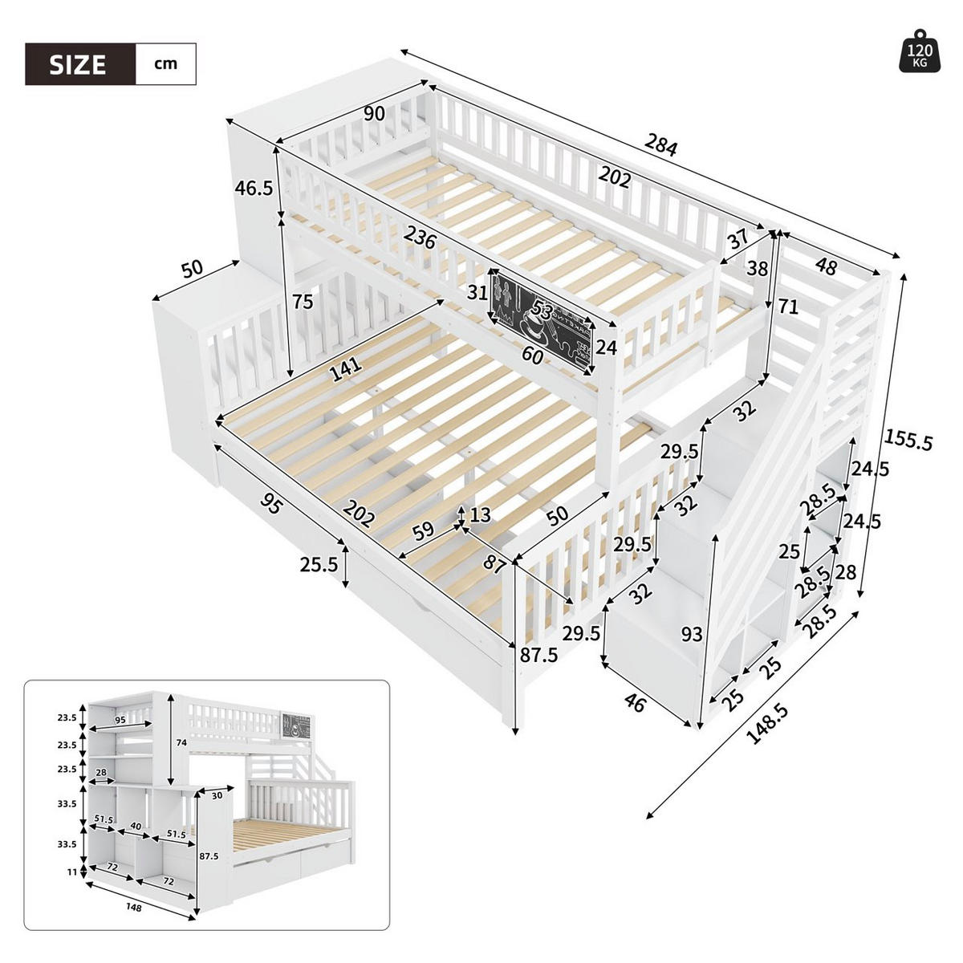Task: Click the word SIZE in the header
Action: [78, 64]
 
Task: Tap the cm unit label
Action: [165, 64]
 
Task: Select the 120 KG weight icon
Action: [920, 53]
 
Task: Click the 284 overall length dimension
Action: [661, 146]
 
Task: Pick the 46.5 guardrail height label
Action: [254, 188]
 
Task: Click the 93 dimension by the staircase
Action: [691, 636]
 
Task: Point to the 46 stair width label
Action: [634, 705]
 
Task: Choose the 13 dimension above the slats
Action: [480, 514]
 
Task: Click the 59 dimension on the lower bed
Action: [423, 530]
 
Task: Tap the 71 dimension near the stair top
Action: [789, 306]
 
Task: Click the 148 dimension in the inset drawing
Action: [134, 908]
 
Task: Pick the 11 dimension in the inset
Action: [71, 872]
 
